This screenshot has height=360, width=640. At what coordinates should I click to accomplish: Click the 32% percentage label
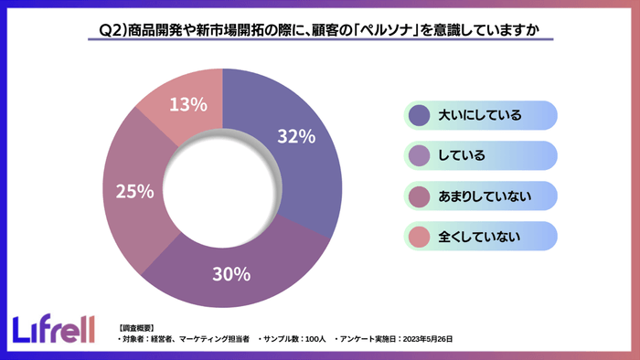[x=295, y=137]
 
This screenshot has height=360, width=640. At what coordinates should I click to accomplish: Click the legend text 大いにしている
[x=480, y=115]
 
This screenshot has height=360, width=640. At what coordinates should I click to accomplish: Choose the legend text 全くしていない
[x=480, y=238]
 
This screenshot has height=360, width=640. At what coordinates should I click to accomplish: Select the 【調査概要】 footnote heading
[x=136, y=326]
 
